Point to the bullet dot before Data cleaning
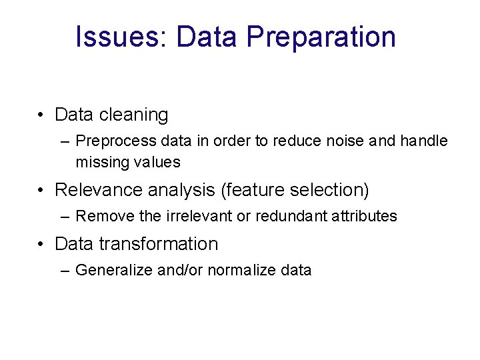41,115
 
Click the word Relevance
93,190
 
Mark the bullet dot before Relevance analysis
41,190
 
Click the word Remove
100,216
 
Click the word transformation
158,244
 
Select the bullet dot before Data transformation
41,244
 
